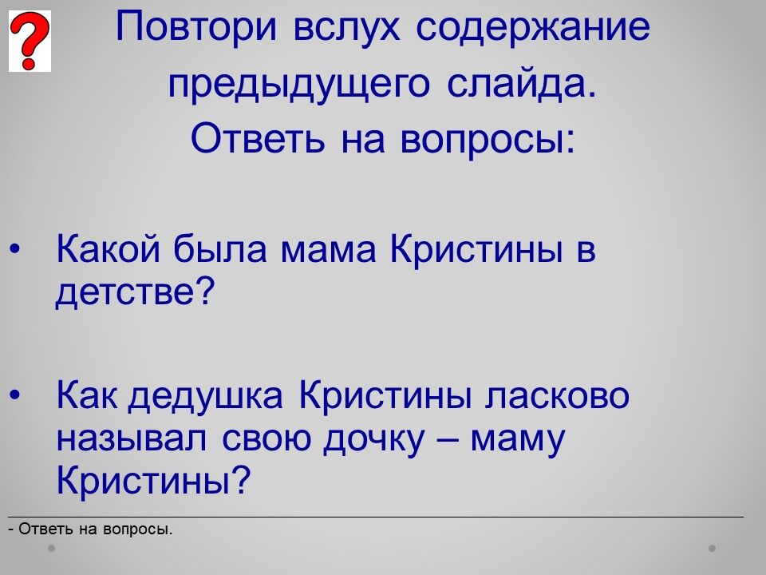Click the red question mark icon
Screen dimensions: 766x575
(x=30, y=41)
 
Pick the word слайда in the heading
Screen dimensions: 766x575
(x=522, y=84)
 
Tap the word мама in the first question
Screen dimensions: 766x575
(x=328, y=251)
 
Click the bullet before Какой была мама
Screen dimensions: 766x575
(x=15, y=250)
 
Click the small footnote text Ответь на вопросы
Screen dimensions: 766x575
(x=96, y=529)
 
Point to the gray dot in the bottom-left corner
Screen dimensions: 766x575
(x=51, y=549)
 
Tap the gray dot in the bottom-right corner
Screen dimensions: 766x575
(x=713, y=549)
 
